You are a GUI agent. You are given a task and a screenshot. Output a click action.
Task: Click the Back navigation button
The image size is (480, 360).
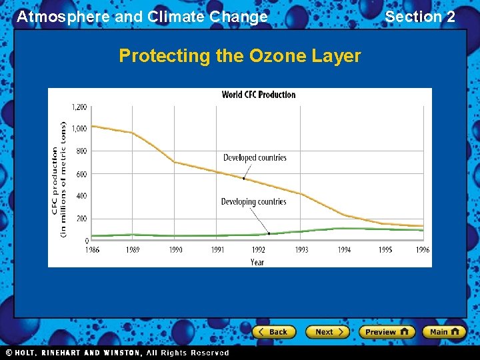tap(273, 332)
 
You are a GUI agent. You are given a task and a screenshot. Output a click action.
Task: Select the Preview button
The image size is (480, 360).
tap(386, 332)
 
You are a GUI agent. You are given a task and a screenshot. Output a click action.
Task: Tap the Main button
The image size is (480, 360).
tap(443, 332)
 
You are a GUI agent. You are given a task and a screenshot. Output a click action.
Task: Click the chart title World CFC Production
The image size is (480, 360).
tap(259, 95)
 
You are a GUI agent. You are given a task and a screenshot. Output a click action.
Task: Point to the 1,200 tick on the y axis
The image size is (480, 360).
tap(79, 107)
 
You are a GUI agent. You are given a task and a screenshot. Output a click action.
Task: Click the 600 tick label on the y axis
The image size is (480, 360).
tap(81, 174)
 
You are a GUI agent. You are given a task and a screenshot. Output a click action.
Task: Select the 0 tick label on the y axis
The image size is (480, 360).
tap(86, 241)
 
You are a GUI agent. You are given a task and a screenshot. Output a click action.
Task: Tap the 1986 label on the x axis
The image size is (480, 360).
tap(92, 250)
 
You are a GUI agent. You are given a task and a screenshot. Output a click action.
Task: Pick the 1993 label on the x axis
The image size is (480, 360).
tap(301, 250)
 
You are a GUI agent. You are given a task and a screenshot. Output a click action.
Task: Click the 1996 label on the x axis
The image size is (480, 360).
tap(422, 250)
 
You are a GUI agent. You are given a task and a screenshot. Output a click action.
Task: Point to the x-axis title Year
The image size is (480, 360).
tap(257, 261)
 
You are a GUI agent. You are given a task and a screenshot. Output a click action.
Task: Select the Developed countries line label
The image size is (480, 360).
tap(255, 158)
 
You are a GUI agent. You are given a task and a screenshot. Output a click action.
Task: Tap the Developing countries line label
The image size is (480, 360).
tap(253, 202)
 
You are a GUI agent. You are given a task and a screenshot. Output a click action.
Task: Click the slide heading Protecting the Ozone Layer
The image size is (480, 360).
tap(240, 56)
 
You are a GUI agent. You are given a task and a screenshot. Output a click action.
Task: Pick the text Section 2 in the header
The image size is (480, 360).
tap(420, 17)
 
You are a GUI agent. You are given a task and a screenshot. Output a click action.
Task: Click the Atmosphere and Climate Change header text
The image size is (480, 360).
tap(142, 17)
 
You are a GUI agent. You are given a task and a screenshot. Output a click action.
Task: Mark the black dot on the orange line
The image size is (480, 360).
tap(244, 179)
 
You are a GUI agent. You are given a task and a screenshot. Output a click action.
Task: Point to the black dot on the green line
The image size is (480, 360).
tap(269, 233)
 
